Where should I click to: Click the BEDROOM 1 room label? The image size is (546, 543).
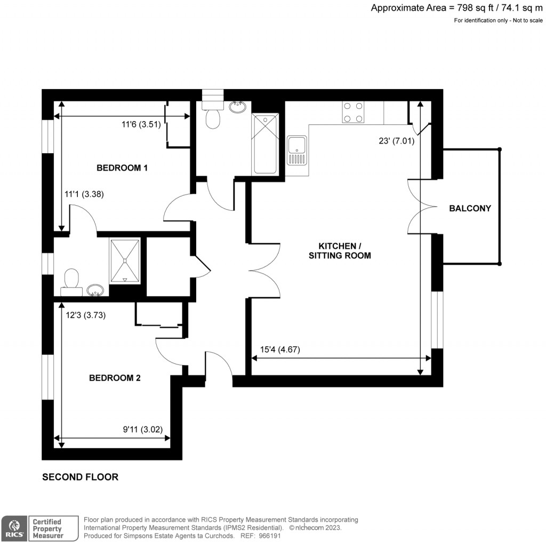(122, 168)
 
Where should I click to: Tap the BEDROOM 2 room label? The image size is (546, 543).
(115, 378)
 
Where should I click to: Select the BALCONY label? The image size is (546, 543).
(470, 209)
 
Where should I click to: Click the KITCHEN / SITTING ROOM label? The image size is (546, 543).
(340, 251)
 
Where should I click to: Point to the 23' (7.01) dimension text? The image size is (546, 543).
(396, 141)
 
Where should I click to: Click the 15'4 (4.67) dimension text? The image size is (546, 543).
(278, 350)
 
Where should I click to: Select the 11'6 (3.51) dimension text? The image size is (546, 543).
(140, 125)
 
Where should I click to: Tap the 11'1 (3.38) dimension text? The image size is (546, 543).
(84, 194)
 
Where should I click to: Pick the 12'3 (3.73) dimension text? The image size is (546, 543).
(86, 315)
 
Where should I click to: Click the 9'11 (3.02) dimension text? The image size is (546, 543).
(142, 429)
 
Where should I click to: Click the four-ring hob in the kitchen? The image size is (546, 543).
(353, 112)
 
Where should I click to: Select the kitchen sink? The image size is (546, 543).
(297, 150)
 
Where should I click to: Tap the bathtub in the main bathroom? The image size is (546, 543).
(265, 143)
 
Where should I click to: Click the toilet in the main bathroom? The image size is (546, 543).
(213, 118)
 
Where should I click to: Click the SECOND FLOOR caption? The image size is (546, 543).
(80, 477)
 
